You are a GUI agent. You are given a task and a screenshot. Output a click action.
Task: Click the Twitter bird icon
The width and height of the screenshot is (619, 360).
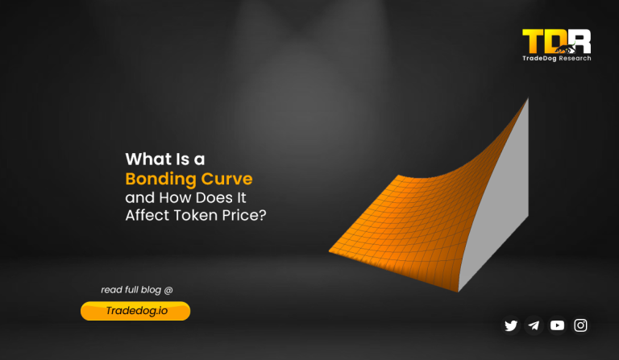click(x=511, y=325)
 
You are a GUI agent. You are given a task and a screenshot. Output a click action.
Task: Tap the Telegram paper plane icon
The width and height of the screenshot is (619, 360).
click(x=534, y=325)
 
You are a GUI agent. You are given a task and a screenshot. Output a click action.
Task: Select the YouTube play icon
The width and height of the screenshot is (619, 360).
click(x=557, y=325)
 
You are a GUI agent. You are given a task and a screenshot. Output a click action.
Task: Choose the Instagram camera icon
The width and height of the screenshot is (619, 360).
click(x=580, y=325)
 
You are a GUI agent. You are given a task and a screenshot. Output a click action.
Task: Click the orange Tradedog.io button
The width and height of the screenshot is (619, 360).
click(x=135, y=311)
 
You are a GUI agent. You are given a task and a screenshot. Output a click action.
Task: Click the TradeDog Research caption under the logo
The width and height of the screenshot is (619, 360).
click(x=557, y=58)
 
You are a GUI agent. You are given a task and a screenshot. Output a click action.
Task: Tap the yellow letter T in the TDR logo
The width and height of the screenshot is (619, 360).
click(x=533, y=41)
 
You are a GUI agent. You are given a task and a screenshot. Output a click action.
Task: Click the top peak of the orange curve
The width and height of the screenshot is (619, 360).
click(x=527, y=100)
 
